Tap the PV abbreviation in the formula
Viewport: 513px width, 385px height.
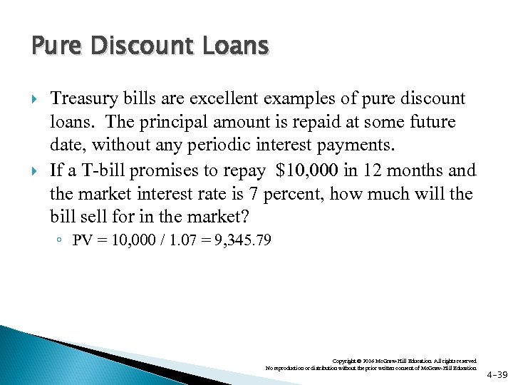click(82, 241)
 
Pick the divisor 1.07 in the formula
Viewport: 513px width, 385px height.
click(179, 241)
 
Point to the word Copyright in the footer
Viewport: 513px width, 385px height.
click(345, 361)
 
